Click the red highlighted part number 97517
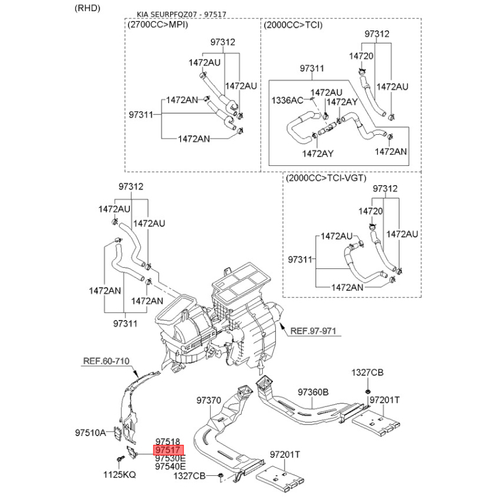point(168,450)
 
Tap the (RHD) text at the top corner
point(88,8)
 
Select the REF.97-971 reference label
point(313,331)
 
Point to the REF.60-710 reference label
point(106,361)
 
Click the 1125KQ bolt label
point(119,475)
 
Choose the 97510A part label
point(90,432)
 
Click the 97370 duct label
point(209,400)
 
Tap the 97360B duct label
point(313,392)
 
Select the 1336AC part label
point(287,100)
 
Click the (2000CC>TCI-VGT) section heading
point(326,178)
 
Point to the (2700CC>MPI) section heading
point(158,25)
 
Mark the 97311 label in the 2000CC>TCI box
point(312,68)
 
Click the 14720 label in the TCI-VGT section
point(370,211)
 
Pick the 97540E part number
point(170,467)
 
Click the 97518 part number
point(168,441)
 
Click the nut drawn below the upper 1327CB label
point(368,390)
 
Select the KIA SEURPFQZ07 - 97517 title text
point(181,14)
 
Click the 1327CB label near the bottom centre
point(189,476)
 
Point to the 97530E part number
point(170,458)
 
